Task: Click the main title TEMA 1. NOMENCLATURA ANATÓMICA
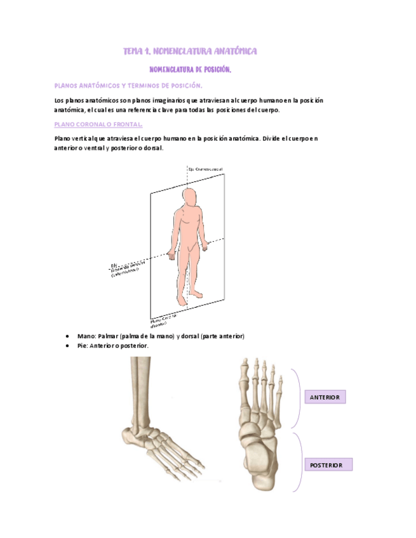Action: point(190,51)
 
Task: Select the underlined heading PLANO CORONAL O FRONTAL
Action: point(98,124)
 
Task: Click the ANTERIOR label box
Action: point(325,398)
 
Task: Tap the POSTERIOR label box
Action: point(327,465)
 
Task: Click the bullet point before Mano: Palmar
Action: point(67,336)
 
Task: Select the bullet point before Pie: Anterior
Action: point(67,346)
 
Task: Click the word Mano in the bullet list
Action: point(86,336)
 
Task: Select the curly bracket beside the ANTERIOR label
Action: point(297,398)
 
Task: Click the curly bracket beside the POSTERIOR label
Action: point(297,462)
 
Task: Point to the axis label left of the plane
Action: point(128,269)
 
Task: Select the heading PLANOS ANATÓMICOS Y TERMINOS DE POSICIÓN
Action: point(129,85)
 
